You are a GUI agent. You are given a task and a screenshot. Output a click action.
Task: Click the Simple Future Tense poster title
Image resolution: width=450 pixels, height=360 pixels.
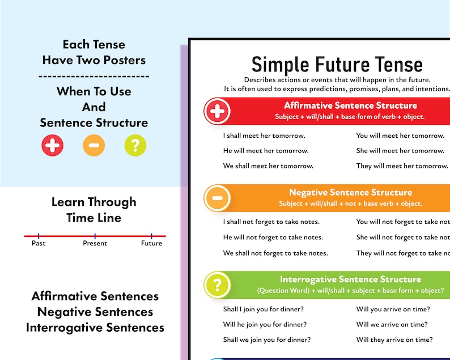[337, 64]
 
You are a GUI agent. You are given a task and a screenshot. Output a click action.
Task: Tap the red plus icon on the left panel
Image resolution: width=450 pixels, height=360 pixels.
[53, 146]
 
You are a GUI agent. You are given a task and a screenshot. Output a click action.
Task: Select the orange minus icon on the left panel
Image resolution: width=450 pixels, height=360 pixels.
[94, 146]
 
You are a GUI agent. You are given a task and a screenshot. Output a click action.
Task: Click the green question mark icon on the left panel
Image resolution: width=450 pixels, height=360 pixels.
[135, 146]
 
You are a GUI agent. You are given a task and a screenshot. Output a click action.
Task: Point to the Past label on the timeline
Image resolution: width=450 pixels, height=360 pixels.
[39, 243]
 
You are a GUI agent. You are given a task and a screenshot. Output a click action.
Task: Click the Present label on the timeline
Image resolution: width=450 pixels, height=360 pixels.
[95, 243]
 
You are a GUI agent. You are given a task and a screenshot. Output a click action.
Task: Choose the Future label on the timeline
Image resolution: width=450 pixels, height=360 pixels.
[151, 243]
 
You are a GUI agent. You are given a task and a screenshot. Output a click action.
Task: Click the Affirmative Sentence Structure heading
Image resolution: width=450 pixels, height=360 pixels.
[350, 105]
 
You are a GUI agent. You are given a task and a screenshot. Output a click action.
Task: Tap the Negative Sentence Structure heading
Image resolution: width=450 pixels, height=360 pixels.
[350, 193]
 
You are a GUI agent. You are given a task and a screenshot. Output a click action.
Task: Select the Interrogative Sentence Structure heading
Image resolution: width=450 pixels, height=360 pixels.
[350, 279]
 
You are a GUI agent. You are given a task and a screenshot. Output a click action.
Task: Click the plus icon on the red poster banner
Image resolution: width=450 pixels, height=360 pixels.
[216, 111]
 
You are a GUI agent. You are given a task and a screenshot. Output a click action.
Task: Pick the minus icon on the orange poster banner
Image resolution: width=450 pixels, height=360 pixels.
[216, 198]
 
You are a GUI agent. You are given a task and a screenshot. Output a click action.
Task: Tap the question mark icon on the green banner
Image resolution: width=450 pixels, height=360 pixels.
[216, 285]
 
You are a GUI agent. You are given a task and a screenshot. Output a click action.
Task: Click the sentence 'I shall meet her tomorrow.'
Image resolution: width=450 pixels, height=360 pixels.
[264, 135]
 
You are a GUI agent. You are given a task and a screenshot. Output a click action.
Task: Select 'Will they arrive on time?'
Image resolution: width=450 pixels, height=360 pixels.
[394, 340]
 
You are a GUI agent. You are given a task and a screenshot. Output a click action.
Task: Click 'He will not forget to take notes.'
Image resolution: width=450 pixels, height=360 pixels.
[273, 238]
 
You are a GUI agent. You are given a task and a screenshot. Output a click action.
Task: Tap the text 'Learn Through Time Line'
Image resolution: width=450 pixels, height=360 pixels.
[94, 209]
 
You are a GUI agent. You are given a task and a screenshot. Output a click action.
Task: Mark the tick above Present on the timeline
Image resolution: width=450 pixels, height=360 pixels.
[95, 235]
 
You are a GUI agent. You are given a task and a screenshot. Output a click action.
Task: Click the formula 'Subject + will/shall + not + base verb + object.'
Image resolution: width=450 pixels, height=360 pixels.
[350, 204]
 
